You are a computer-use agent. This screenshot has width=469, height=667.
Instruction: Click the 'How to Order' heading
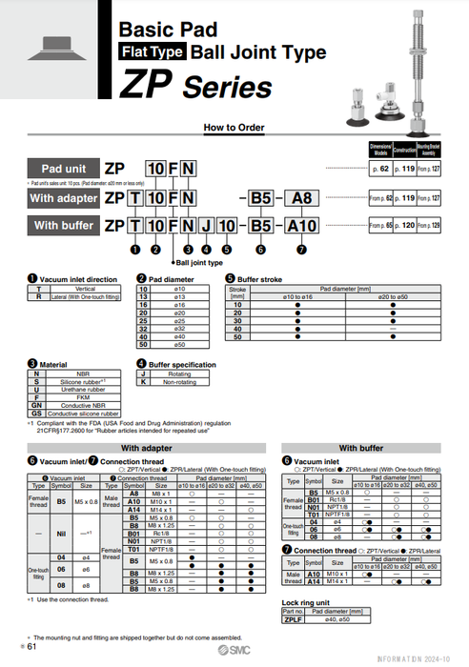pyautogui.click(x=234, y=127)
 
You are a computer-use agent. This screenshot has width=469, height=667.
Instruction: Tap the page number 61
pyautogui.click(x=31, y=647)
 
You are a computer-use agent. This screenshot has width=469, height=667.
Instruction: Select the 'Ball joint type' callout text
pyautogui.click(x=199, y=262)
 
